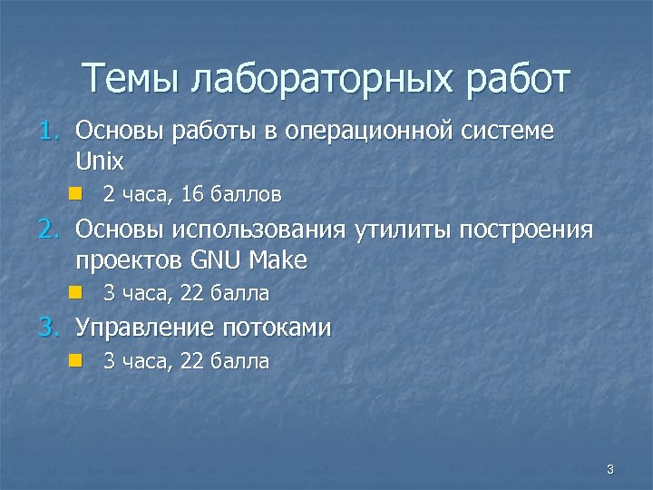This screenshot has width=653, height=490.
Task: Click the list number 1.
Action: coord(48,132)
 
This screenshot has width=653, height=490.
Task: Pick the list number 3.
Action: coord(48,328)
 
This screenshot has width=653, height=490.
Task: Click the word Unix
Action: coord(100,162)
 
